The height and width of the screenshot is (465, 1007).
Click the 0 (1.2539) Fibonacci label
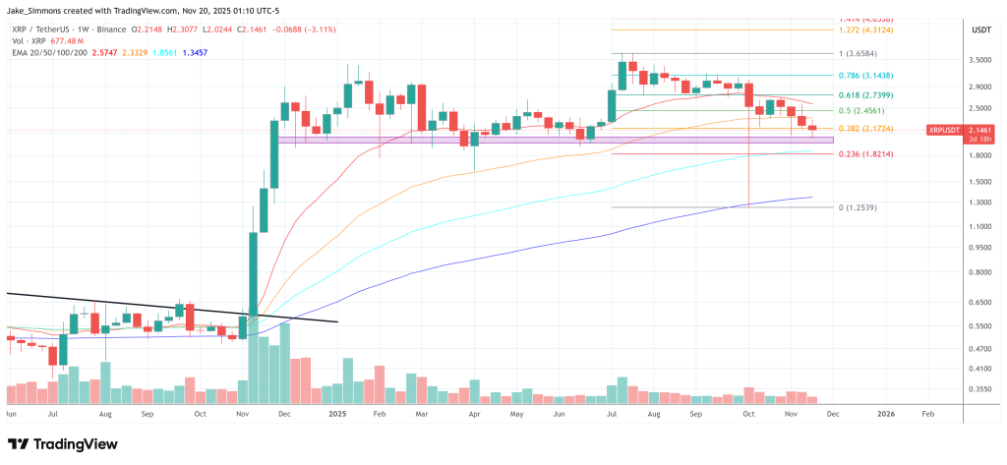point(853,207)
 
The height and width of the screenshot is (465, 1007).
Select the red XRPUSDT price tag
point(947,130)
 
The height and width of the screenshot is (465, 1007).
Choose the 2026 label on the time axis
point(885,415)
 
